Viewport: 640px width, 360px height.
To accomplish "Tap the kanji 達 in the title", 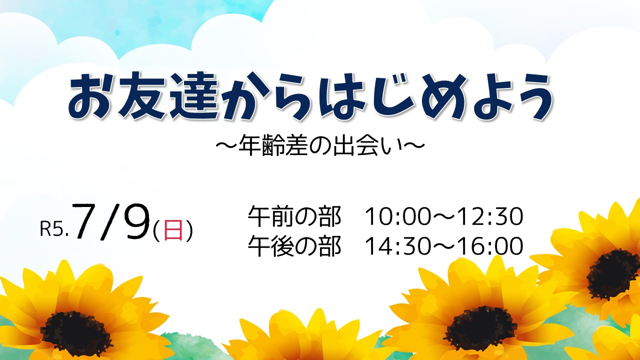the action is [x=194, y=95].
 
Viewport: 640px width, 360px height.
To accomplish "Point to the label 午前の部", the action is [x=294, y=216].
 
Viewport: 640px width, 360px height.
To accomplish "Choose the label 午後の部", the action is [x=294, y=245].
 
